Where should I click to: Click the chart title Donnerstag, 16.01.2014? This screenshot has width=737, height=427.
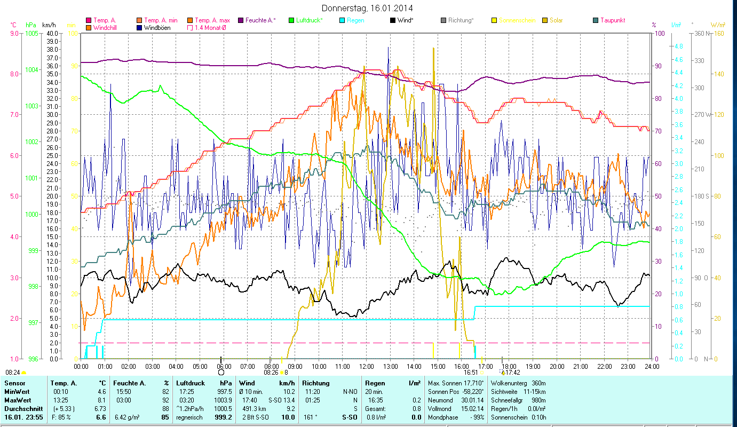pyautogui.click(x=368, y=8)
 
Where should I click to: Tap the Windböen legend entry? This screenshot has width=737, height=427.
pyautogui.click(x=157, y=27)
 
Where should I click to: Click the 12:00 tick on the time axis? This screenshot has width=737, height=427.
pyautogui.click(x=366, y=367)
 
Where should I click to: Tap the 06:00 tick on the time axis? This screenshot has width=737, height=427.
pyautogui.click(x=224, y=367)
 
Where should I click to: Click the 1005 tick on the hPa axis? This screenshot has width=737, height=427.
pyautogui.click(x=31, y=34)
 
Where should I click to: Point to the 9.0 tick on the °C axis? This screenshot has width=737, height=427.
pyautogui.click(x=13, y=34)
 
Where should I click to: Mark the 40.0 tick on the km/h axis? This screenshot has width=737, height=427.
pyautogui.click(x=52, y=34)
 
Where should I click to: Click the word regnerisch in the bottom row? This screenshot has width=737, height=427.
pyautogui.click(x=190, y=417)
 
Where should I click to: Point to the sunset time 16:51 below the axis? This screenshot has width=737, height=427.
pyautogui.click(x=470, y=373)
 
